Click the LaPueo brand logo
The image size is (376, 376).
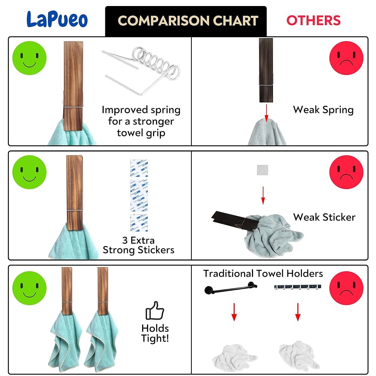tap(57, 20)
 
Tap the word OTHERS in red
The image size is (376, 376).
tap(313, 20)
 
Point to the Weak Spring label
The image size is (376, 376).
tap(323, 110)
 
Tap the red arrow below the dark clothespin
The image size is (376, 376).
tap(266, 113)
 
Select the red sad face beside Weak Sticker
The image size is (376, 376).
tap(346, 172)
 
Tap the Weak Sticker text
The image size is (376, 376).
tap(324, 217)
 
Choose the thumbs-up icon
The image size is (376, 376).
tap(155, 311)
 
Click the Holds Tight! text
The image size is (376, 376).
tap(155, 333)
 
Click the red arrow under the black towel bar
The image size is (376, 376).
tap(234, 312)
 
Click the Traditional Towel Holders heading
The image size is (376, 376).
tap(263, 273)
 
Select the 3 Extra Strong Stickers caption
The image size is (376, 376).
tap(138, 245)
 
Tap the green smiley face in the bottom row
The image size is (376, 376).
tap(29, 288)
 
